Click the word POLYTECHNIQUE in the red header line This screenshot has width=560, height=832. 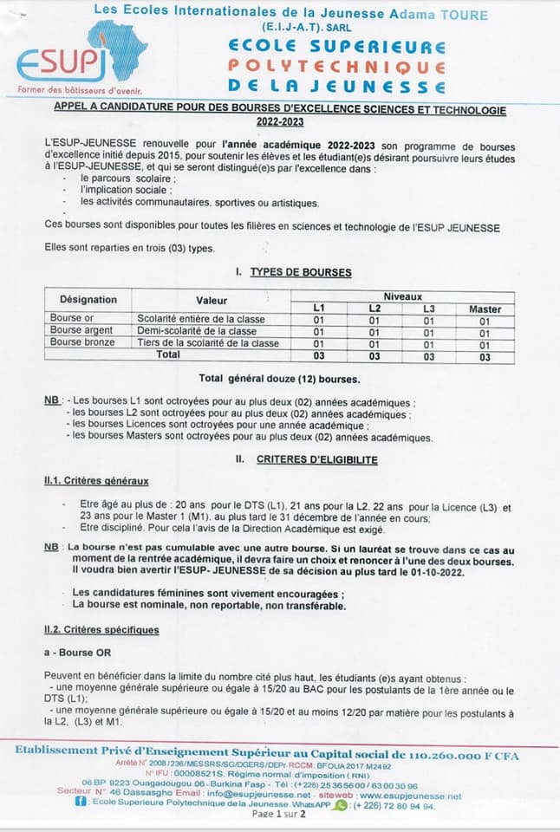[x=337, y=67]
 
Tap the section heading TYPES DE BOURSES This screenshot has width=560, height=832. [x=300, y=272]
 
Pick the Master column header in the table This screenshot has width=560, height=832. [x=485, y=309]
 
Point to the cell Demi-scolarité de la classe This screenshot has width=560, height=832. [x=197, y=331]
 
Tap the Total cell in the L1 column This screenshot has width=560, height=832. [x=318, y=355]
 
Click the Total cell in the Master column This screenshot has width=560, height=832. [x=485, y=355]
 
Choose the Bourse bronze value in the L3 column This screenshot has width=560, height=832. [x=428, y=343]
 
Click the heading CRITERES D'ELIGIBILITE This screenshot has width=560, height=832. [x=317, y=459]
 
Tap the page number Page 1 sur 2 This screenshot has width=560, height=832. [x=279, y=815]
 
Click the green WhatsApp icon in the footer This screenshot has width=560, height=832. [x=341, y=805]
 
